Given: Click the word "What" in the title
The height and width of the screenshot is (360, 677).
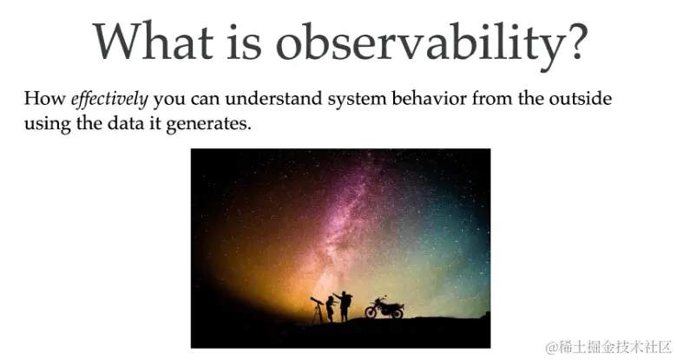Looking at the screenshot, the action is pos(154,41).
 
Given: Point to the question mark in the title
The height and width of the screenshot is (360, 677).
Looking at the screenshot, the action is pos(575,41).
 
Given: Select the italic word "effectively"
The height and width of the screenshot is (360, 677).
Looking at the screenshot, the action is pos(109,100).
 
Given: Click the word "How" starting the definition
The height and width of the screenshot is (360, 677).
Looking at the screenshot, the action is pos(44,98).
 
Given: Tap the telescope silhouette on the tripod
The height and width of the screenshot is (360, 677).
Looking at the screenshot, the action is pos(318,310).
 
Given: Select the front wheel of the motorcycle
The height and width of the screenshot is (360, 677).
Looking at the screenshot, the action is pos(371,312).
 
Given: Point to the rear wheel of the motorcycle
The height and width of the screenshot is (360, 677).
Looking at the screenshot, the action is pos(398,312).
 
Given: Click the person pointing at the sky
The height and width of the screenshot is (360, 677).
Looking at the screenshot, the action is pos(344,306).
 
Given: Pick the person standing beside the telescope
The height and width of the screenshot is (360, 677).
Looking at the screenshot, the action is pos(331,309).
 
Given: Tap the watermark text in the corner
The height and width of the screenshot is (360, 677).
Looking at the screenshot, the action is pos(608,347).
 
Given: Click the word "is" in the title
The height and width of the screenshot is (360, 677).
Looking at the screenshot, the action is pos(244,41).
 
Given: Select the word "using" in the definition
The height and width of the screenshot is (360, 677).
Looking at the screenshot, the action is pos(47,126).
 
